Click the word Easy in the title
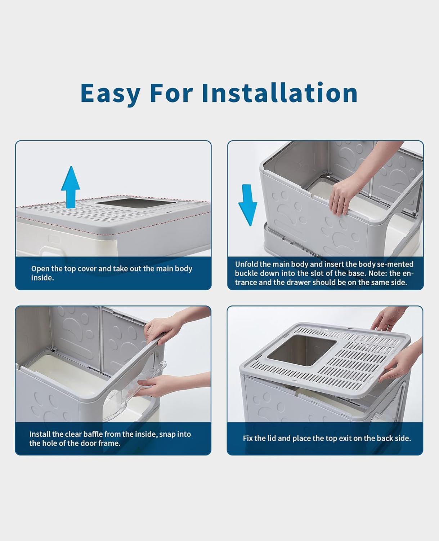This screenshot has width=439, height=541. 110,93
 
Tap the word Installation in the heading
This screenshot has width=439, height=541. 279,93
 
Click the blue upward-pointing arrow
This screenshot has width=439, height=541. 71,186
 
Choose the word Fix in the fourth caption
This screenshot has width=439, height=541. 248,439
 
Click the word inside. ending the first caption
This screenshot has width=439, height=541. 42,278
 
